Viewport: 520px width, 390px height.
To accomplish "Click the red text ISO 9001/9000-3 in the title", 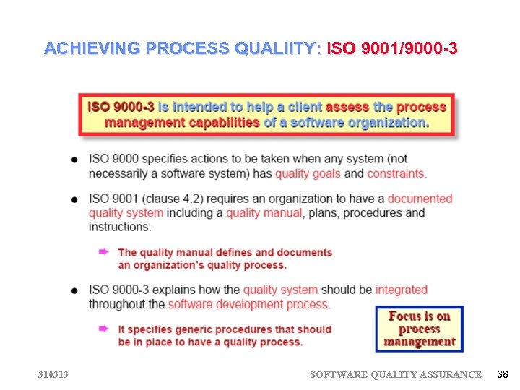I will coord(392,49).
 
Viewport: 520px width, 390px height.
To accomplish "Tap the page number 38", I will coord(503,374).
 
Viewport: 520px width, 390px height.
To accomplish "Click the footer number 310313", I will coord(54,374).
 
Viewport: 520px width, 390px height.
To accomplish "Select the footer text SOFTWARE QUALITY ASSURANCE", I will coord(395,374).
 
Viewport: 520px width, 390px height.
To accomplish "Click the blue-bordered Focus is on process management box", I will coord(419,329).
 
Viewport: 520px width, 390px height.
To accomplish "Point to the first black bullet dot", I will coord(76,160).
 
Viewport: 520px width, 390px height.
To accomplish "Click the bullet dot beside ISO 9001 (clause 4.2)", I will coord(76,199).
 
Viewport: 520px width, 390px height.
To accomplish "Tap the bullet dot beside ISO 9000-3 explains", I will coord(76,290).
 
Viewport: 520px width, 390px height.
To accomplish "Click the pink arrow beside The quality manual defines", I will coord(104,251).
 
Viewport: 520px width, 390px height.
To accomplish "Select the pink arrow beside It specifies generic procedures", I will coord(104,329).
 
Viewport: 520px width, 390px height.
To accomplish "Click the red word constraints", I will coord(396,173).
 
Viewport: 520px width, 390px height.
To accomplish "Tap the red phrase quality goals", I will coord(308,173).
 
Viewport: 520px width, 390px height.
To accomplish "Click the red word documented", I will coord(420,199).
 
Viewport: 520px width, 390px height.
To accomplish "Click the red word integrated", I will coord(402,290).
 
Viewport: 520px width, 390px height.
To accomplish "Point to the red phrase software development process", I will coord(249,304).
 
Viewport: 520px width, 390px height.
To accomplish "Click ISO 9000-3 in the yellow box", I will coord(121,107).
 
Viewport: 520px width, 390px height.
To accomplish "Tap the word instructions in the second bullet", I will coord(120,226).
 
